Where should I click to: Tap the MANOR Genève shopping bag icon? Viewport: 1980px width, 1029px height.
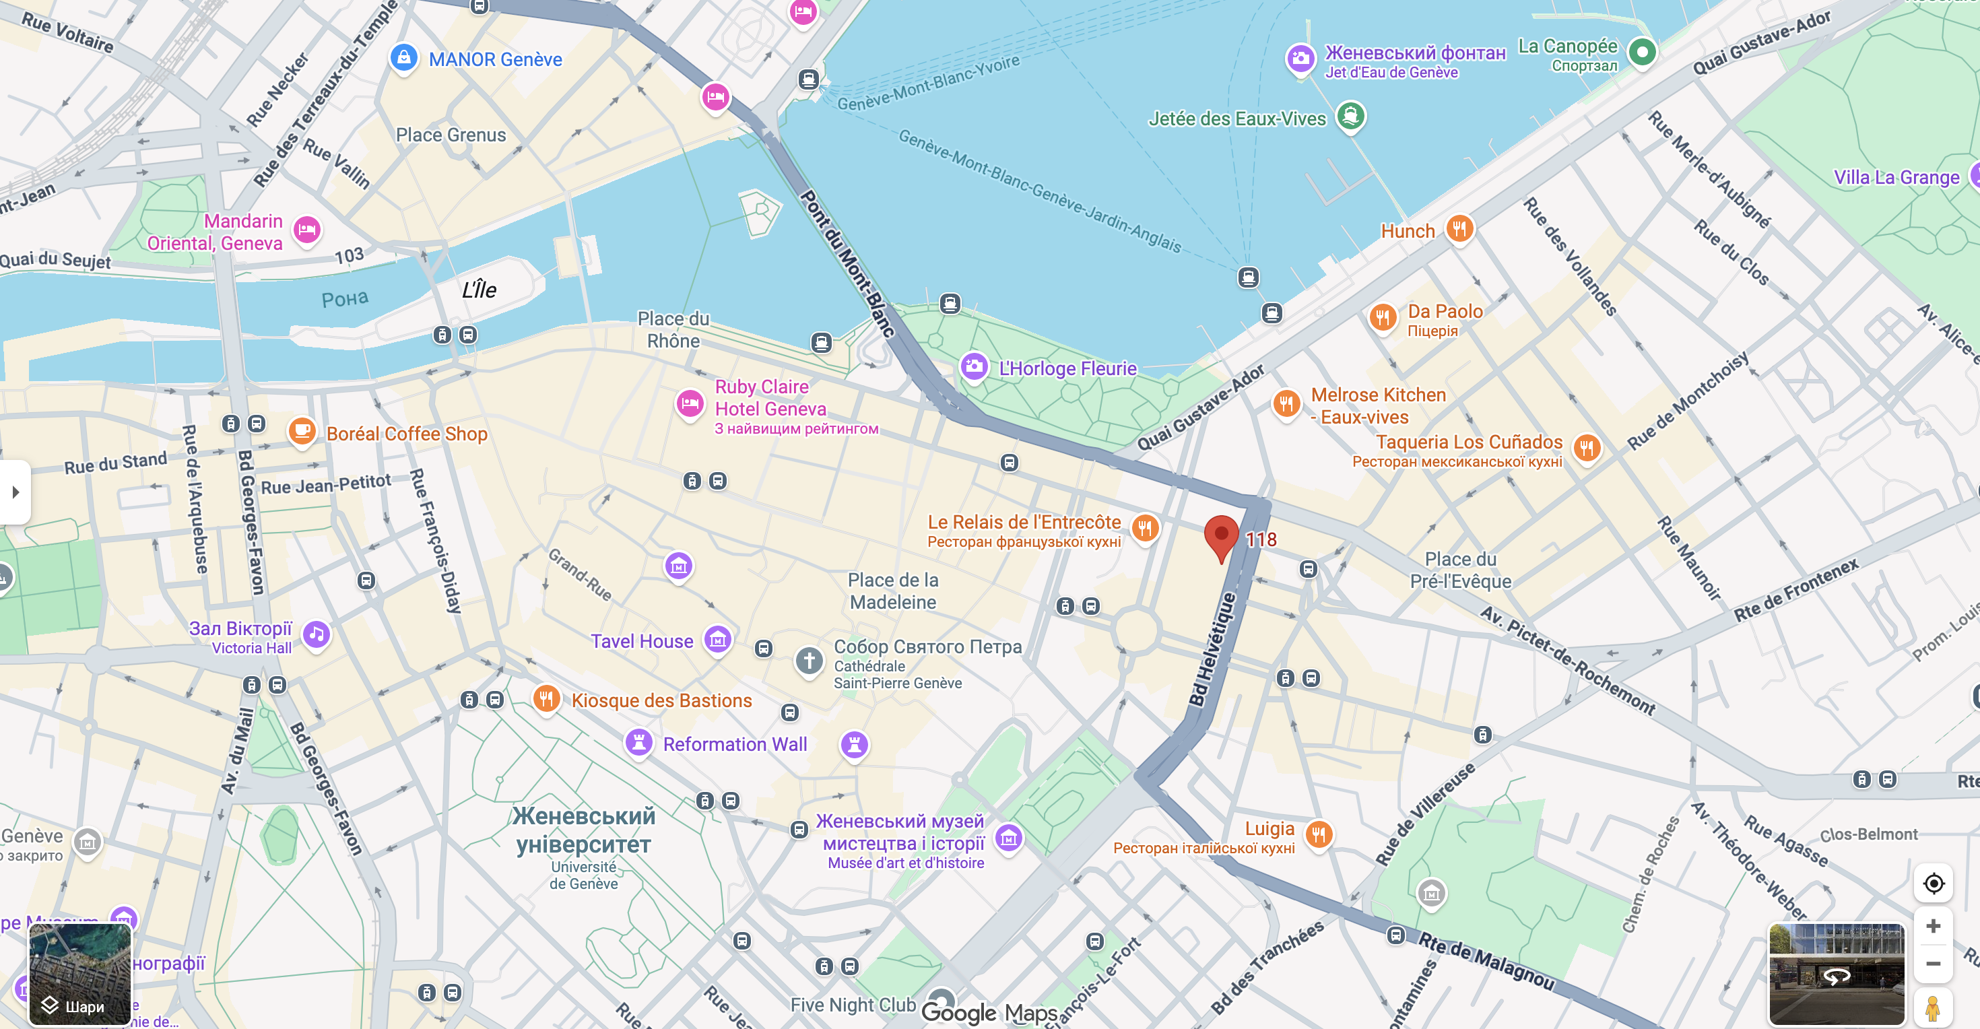403,58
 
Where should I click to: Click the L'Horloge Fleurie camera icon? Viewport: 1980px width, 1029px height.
974,366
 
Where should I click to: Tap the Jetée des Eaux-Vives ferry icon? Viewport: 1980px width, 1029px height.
1350,117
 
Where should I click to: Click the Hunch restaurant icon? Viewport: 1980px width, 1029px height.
1459,228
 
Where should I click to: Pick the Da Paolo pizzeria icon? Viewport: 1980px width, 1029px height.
1382,317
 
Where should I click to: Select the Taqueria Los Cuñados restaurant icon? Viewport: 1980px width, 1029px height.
1587,447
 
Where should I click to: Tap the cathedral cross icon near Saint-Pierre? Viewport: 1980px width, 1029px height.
809,660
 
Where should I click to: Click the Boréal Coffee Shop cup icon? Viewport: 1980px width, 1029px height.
302,430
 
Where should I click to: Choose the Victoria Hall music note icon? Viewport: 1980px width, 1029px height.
317,634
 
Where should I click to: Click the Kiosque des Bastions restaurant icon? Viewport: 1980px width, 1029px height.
546,698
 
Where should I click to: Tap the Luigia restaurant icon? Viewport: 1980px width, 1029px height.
1318,834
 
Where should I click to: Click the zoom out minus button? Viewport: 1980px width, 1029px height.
1933,964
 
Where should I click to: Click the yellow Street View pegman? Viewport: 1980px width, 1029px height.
1933,1007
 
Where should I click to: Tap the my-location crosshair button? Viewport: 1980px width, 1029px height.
1933,884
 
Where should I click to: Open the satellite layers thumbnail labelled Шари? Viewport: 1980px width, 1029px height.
80,974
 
